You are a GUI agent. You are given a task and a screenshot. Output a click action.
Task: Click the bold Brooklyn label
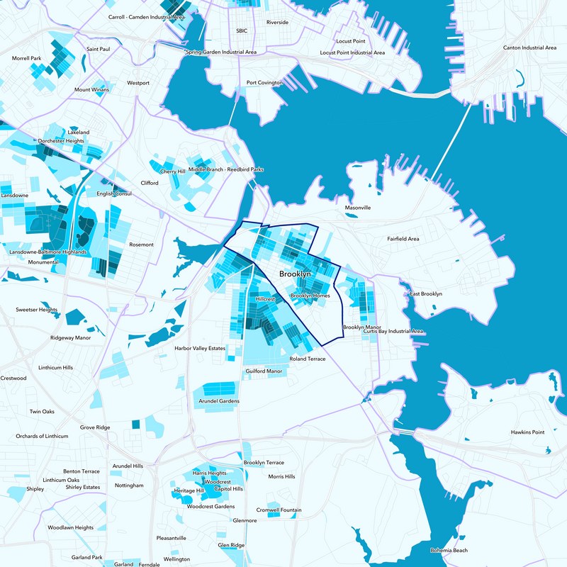point(295,274)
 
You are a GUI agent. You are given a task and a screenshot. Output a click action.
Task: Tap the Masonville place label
point(358,208)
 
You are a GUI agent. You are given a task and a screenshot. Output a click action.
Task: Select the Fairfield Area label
point(403,239)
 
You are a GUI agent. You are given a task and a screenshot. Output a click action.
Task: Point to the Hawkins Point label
point(527,432)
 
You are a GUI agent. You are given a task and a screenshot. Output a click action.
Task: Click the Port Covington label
point(264,83)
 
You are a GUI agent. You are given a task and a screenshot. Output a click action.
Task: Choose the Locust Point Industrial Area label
point(352,52)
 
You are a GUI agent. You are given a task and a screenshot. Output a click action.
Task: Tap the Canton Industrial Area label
point(529,47)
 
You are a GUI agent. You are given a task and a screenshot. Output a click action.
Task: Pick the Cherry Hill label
point(173,172)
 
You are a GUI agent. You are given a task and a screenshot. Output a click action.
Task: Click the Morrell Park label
point(27,58)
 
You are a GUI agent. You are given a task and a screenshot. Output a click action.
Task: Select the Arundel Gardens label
point(220,401)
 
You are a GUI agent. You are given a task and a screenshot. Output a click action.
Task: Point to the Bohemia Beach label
point(449,551)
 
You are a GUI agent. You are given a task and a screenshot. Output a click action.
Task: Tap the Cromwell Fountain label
point(279,510)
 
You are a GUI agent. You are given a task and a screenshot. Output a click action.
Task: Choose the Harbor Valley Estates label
point(200,349)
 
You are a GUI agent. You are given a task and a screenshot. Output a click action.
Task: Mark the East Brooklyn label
point(426,293)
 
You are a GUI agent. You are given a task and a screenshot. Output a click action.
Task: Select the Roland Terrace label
point(308,359)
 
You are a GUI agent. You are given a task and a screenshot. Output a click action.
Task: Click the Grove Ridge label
point(95,427)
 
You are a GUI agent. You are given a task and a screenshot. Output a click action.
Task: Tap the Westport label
point(138,83)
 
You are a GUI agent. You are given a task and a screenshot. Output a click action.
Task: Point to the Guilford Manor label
point(264,371)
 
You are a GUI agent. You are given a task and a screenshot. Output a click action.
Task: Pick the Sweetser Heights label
point(37,310)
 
